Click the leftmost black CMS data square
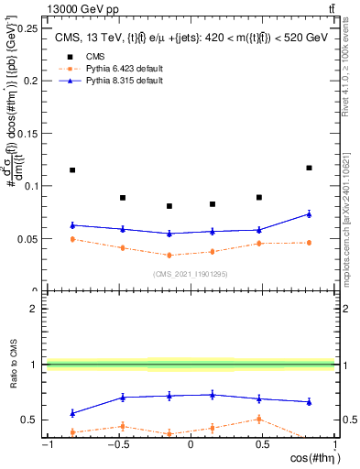pyautogui.click(x=72, y=170)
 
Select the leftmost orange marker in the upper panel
pyautogui.click(x=72, y=239)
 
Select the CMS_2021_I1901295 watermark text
pyautogui.click(x=190, y=274)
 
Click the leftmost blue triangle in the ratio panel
pyautogui.click(x=72, y=413)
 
